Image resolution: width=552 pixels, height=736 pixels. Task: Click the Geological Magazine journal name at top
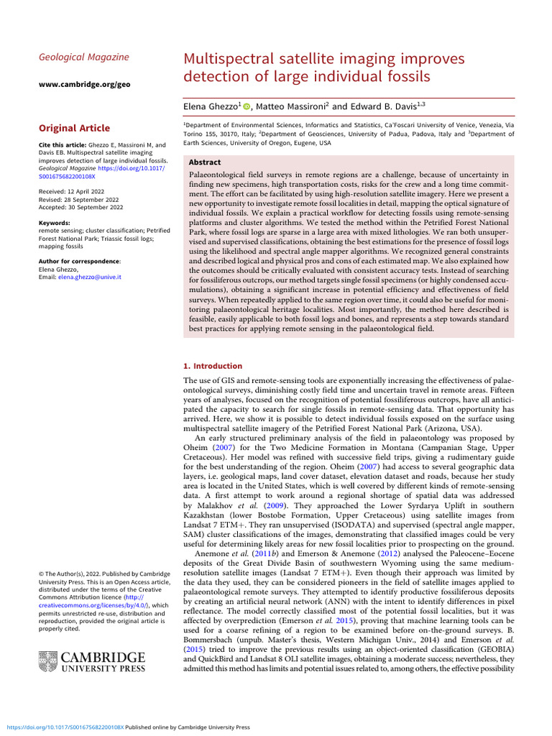[83, 57]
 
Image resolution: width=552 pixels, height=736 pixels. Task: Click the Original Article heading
[74, 128]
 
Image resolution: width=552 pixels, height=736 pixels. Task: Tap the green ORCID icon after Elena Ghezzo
[247, 106]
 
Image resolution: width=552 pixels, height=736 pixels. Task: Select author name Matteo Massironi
[291, 106]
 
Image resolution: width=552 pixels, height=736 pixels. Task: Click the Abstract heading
[204, 162]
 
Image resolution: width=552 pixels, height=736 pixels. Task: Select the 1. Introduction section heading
[213, 366]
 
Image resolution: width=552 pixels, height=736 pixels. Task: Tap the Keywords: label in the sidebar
[54, 224]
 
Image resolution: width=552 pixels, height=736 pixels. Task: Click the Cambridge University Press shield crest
[47, 661]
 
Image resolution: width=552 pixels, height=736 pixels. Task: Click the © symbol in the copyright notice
[41, 573]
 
